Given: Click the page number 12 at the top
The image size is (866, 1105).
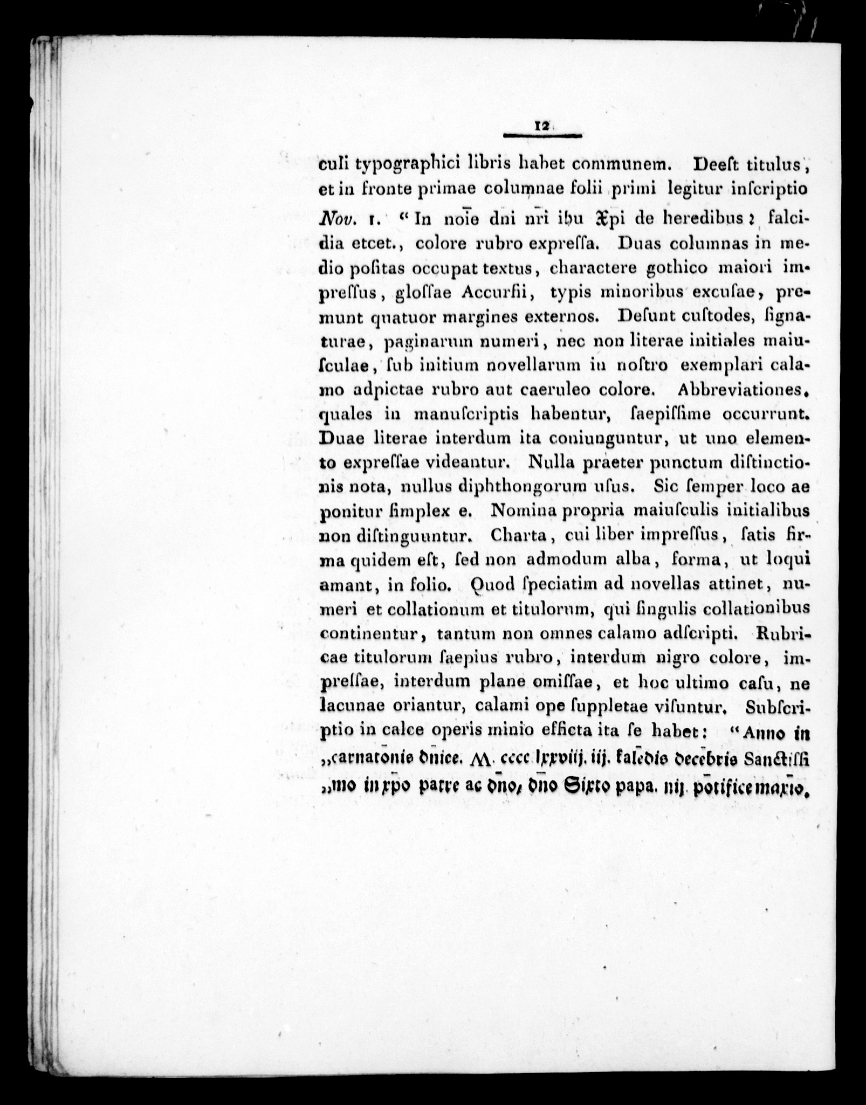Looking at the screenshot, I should click(541, 126).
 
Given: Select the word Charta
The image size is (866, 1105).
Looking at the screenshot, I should click(516, 535).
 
